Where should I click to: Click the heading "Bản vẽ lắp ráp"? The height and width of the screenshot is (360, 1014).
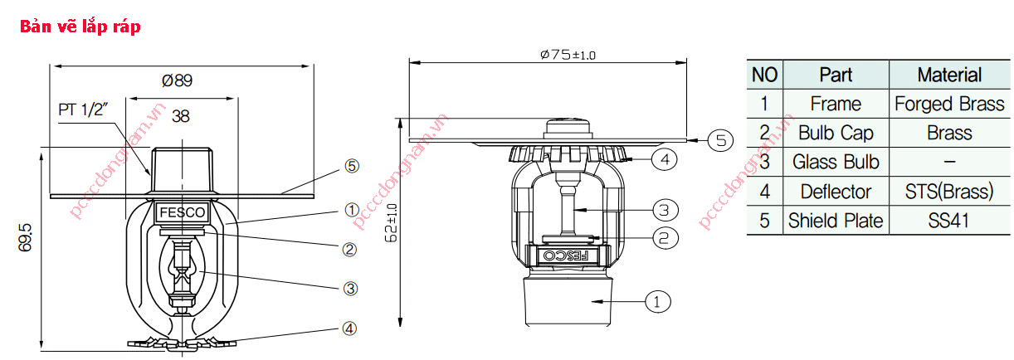tap(80, 27)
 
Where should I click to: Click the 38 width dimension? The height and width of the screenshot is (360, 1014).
tap(180, 117)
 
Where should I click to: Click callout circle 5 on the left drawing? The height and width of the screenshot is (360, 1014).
tap(352, 166)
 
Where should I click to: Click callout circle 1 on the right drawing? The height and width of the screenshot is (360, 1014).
tap(656, 302)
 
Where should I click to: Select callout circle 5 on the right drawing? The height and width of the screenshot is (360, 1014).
tap(721, 140)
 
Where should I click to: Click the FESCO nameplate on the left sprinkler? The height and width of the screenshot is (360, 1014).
tap(182, 213)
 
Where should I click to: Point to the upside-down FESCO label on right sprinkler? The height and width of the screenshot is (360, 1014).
tap(566, 255)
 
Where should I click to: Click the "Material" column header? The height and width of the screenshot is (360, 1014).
tap(948, 75)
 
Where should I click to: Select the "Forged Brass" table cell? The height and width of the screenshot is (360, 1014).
tap(948, 104)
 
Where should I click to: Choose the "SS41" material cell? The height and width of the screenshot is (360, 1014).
tap(948, 221)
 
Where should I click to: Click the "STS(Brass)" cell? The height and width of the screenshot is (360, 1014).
tap(948, 192)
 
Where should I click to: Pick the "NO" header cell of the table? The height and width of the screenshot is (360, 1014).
tap(764, 75)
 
